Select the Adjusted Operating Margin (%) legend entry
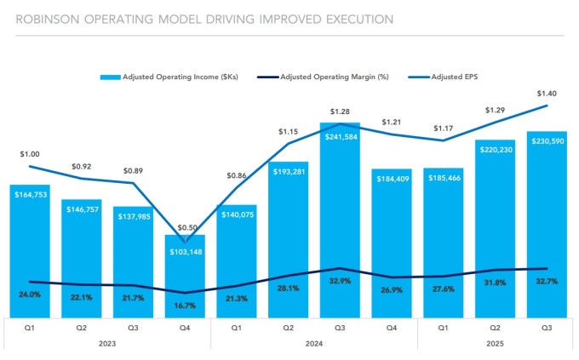click(329, 77)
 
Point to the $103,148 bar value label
click(185, 252)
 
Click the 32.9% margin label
click(340, 282)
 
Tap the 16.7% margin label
click(185, 305)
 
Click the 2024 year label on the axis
click(314, 342)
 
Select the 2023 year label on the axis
click(107, 342)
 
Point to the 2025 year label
click(495, 342)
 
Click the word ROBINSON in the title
click(39, 18)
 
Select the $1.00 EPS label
click(30, 154)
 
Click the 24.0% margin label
click(30, 295)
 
